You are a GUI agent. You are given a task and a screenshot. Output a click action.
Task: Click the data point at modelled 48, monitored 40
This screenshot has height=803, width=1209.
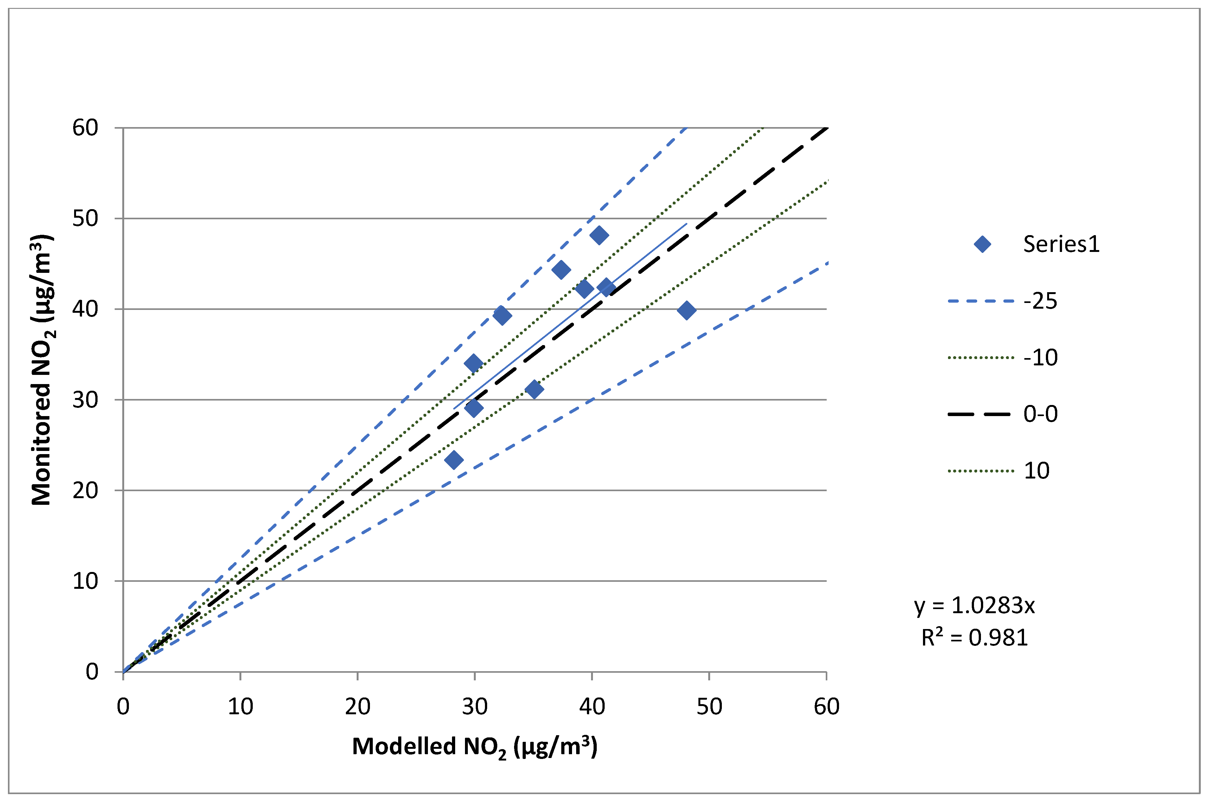(686, 310)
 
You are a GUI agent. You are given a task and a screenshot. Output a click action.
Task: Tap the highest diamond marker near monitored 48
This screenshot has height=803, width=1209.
(599, 235)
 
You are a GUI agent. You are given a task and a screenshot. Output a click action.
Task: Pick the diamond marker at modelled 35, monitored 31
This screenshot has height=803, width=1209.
(534, 389)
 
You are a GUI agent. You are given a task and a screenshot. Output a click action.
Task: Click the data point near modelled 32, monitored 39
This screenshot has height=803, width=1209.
(502, 315)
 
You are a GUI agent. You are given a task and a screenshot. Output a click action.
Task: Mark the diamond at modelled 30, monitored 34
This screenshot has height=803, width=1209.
(474, 363)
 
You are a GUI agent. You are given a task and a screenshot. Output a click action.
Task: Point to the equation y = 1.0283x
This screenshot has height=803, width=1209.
(974, 605)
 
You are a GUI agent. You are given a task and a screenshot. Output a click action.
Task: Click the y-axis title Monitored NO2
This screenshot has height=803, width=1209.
(42, 370)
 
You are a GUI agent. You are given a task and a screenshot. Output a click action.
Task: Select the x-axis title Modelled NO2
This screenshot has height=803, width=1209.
(474, 747)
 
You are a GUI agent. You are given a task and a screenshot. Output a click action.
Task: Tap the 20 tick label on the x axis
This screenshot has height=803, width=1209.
(357, 707)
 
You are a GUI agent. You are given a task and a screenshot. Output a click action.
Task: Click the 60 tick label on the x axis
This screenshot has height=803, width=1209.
(826, 707)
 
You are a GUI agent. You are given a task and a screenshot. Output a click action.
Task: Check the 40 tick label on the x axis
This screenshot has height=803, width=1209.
(592, 707)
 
